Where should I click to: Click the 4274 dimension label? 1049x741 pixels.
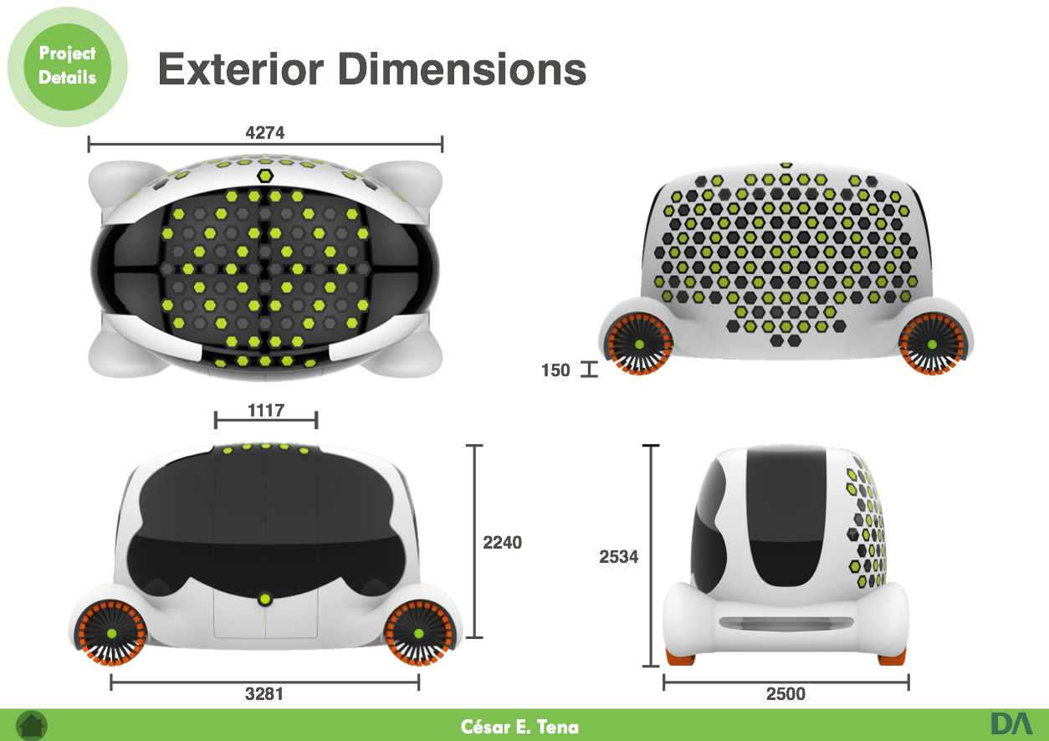(x=265, y=132)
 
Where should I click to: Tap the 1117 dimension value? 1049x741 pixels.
(x=266, y=411)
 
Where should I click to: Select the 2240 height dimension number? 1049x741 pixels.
(x=502, y=543)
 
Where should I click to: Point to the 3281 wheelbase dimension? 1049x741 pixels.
(x=265, y=694)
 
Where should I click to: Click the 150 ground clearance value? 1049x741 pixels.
(x=555, y=370)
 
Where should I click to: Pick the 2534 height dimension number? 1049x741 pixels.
(x=619, y=556)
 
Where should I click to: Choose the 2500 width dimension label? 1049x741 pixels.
(x=785, y=694)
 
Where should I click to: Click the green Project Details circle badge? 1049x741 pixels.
(x=67, y=66)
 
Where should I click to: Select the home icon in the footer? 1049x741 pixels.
(x=32, y=725)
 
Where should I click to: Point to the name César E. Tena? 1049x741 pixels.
(x=519, y=726)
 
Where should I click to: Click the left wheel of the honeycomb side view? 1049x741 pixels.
(x=639, y=345)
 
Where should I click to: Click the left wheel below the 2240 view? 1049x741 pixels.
(x=111, y=633)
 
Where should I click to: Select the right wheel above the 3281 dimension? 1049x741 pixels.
(x=417, y=633)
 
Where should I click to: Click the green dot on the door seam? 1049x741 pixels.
(x=265, y=598)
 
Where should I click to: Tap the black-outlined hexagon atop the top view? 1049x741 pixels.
(x=265, y=176)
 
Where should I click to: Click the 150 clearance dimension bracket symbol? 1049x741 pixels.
(x=590, y=370)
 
